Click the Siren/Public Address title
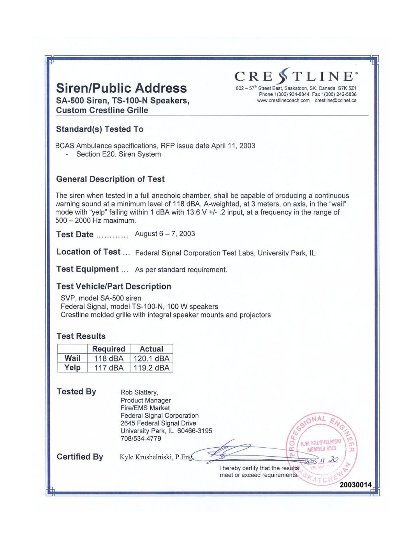coord(121,88)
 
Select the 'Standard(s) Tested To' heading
coord(100,129)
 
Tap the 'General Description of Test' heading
coord(110,179)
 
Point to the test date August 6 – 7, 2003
coord(165,234)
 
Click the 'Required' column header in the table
coord(108,349)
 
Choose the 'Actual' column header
coord(151,349)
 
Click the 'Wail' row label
coord(72,358)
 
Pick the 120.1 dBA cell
coord(151,358)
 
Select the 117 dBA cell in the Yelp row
coord(109,368)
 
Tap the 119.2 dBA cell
coord(151,368)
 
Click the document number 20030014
coord(355,485)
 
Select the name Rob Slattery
coord(139,392)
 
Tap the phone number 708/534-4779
coord(141,438)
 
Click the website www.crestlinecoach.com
coord(283,101)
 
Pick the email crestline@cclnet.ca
coord(335,101)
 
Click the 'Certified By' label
coord(80,457)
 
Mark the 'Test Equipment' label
coord(87,269)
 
